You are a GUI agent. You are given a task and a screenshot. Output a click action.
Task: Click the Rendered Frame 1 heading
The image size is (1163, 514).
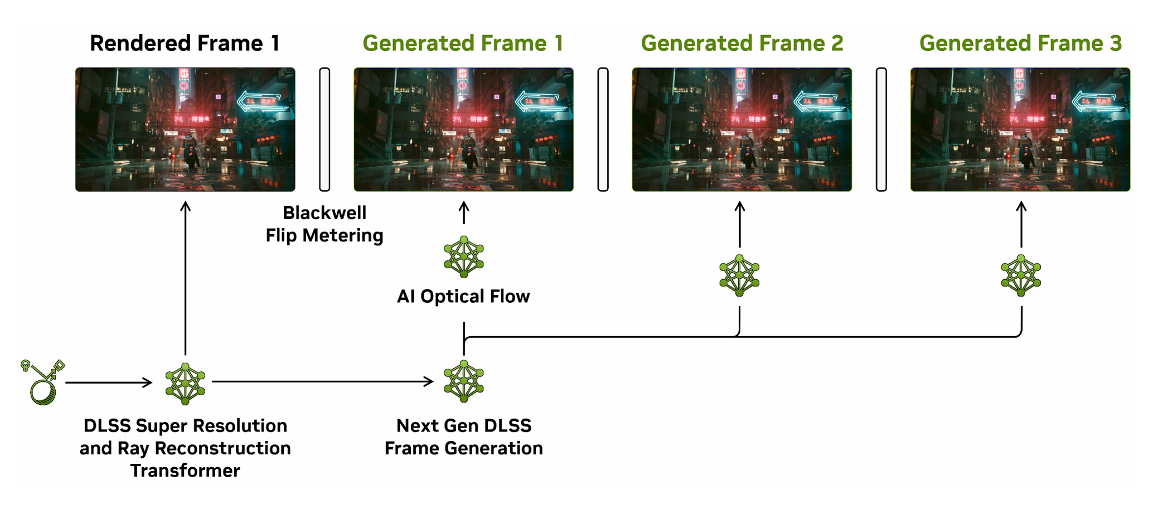point(185,43)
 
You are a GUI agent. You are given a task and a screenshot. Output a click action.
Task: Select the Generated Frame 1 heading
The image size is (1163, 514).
point(463,43)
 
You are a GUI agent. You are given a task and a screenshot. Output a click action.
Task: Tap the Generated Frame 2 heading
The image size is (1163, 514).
point(742,43)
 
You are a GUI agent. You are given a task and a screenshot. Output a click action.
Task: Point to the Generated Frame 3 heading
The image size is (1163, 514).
point(1020,43)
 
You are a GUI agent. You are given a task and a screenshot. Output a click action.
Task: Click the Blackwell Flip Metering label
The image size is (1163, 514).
point(324,224)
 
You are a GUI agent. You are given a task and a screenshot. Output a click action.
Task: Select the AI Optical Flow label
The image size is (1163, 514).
point(463,296)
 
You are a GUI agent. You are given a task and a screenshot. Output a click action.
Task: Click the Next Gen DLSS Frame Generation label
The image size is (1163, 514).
point(463,437)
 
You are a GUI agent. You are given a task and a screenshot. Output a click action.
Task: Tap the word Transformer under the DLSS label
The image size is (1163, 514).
point(185,471)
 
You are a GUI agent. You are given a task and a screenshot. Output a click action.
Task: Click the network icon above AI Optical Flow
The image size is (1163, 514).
point(463,256)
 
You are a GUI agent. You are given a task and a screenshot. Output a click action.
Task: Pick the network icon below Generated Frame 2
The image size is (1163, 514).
point(739,275)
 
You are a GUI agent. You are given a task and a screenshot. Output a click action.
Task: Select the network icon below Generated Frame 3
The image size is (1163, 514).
point(1021,275)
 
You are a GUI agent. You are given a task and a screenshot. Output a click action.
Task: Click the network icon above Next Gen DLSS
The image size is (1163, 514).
point(463,381)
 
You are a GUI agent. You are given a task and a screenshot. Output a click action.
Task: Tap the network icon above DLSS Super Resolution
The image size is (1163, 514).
point(185,383)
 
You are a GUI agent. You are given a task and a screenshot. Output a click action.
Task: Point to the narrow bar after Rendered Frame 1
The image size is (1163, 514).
point(324,129)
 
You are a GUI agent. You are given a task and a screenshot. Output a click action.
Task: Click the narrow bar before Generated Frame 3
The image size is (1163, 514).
point(881,129)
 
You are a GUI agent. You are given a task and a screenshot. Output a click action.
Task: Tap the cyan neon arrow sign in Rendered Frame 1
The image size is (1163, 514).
point(262,101)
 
